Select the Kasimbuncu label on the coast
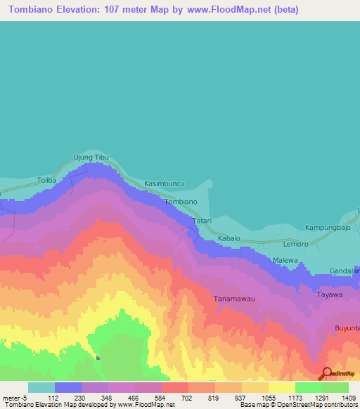click(164, 183)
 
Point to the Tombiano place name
click(180, 202)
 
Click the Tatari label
click(202, 220)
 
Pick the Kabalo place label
click(229, 239)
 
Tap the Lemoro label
click(295, 244)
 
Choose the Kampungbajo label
click(328, 228)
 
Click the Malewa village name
click(285, 261)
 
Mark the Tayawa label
click(330, 294)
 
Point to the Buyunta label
click(347, 328)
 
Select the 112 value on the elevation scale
click(53, 398)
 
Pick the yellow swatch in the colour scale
click(281, 387)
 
